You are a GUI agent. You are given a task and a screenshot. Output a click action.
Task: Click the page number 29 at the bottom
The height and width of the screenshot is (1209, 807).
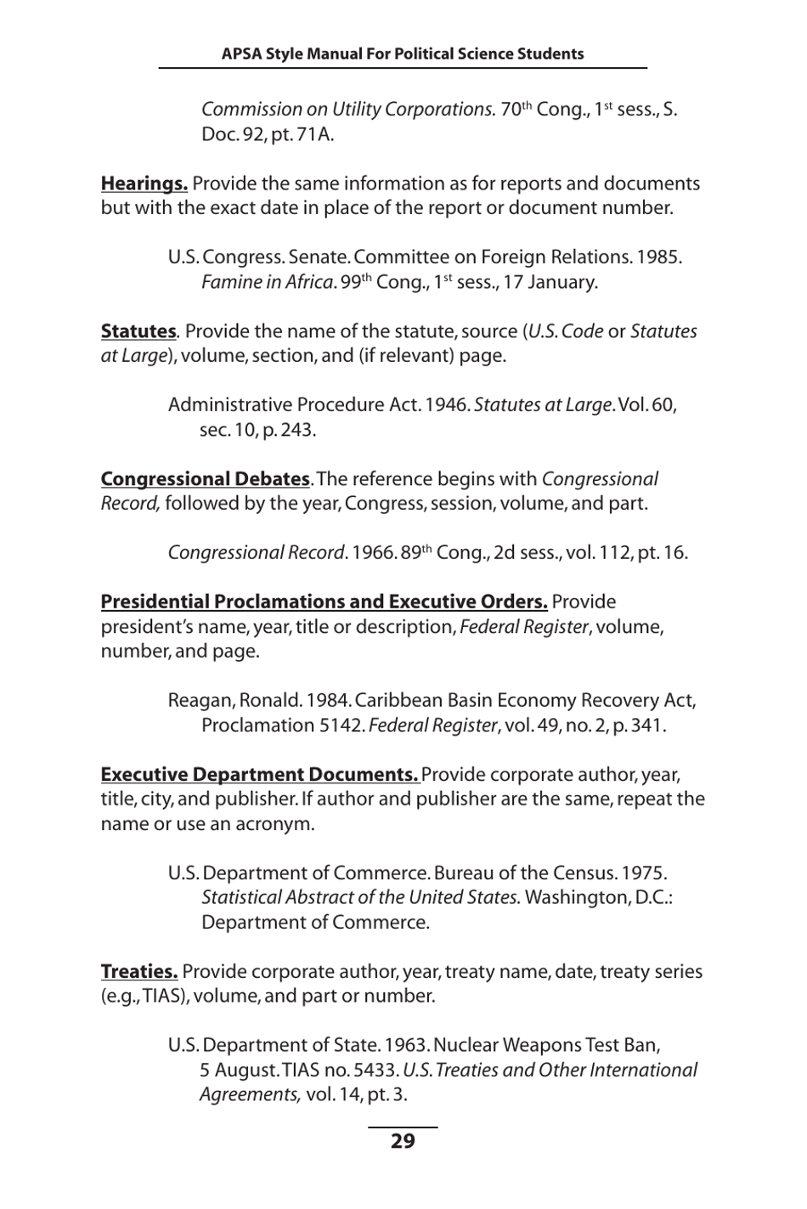click(x=403, y=1141)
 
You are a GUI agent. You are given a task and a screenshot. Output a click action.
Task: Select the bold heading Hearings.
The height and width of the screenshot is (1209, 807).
click(x=144, y=184)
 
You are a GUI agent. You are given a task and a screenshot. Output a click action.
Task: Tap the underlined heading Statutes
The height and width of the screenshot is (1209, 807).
click(x=138, y=331)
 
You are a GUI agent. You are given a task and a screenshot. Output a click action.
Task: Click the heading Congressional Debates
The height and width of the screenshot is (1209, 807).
click(x=205, y=479)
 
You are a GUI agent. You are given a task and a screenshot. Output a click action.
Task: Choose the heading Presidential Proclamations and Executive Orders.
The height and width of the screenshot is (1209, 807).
click(x=324, y=602)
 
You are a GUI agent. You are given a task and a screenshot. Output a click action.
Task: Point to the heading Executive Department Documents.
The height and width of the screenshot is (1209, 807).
click(x=259, y=775)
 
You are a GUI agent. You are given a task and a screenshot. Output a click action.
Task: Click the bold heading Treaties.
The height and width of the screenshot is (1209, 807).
click(x=138, y=972)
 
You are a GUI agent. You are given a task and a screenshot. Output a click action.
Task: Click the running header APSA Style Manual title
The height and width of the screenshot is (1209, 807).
click(x=403, y=54)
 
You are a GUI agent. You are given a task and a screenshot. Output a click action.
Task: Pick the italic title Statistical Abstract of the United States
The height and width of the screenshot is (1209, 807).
click(x=360, y=898)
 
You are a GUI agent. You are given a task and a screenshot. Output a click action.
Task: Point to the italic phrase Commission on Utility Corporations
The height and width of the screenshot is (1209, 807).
click(x=347, y=110)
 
